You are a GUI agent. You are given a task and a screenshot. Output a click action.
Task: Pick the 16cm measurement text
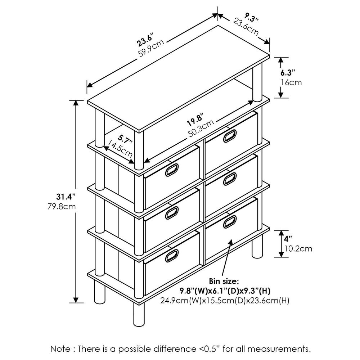[x=291, y=82]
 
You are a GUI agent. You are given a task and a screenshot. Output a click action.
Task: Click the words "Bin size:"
[x=223, y=280]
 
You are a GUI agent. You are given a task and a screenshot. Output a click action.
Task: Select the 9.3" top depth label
[x=251, y=17]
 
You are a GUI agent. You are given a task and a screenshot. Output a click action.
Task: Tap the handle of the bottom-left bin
[x=172, y=255]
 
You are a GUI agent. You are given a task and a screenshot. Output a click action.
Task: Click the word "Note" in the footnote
[x=60, y=349]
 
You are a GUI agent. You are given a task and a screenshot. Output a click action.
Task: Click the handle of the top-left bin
[x=172, y=170]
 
